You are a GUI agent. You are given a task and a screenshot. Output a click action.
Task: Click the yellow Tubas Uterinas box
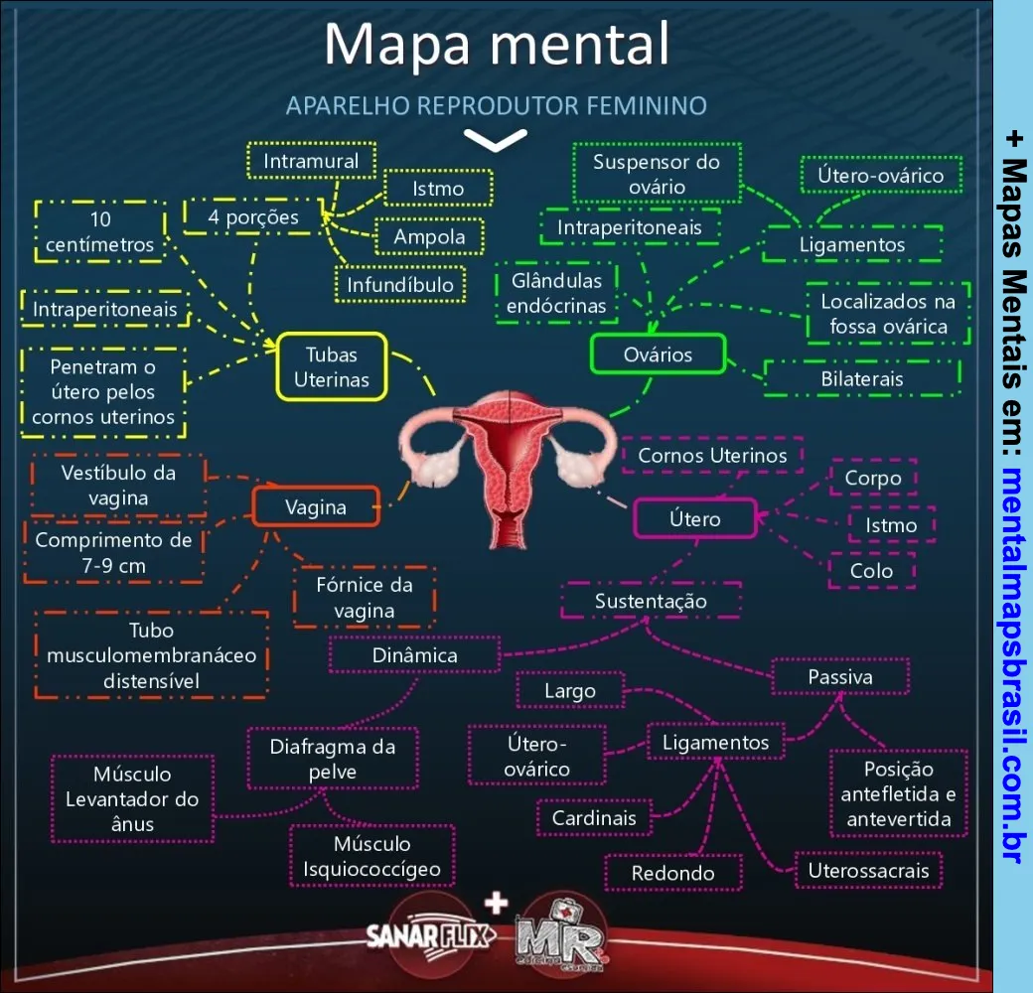pyautogui.click(x=331, y=366)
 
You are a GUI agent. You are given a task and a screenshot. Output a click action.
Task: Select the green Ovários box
pyautogui.click(x=658, y=355)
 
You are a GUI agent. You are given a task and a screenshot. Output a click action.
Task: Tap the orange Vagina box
pyautogui.click(x=316, y=507)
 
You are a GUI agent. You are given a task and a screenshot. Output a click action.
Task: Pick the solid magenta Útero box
pyautogui.click(x=695, y=518)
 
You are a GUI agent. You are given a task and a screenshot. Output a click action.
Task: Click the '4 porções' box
pyautogui.click(x=253, y=217)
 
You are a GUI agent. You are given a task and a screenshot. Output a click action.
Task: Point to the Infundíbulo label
pyautogui.click(x=400, y=286)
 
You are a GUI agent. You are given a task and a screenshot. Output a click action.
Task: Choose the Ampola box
pyautogui.click(x=429, y=237)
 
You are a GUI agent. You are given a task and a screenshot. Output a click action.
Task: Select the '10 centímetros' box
pyautogui.click(x=99, y=231)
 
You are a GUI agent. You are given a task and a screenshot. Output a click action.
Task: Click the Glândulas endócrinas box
pyautogui.click(x=556, y=294)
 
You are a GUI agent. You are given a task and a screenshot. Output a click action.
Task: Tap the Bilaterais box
pyautogui.click(x=862, y=378)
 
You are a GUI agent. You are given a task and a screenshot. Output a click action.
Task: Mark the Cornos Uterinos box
pyautogui.click(x=712, y=456)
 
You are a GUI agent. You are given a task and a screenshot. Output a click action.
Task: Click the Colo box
pyautogui.click(x=871, y=571)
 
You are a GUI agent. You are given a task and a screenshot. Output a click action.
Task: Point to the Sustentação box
pyautogui.click(x=651, y=601)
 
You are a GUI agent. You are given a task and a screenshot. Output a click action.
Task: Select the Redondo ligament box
pyautogui.click(x=673, y=873)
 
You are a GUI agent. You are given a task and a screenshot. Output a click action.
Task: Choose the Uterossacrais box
pyautogui.click(x=868, y=871)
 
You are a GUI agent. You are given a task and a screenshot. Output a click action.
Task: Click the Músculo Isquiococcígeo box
pyautogui.click(x=372, y=857)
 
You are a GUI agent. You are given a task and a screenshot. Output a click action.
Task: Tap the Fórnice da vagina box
pyautogui.click(x=365, y=598)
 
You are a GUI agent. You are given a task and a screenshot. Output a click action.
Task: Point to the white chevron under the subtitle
pyautogui.click(x=496, y=140)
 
